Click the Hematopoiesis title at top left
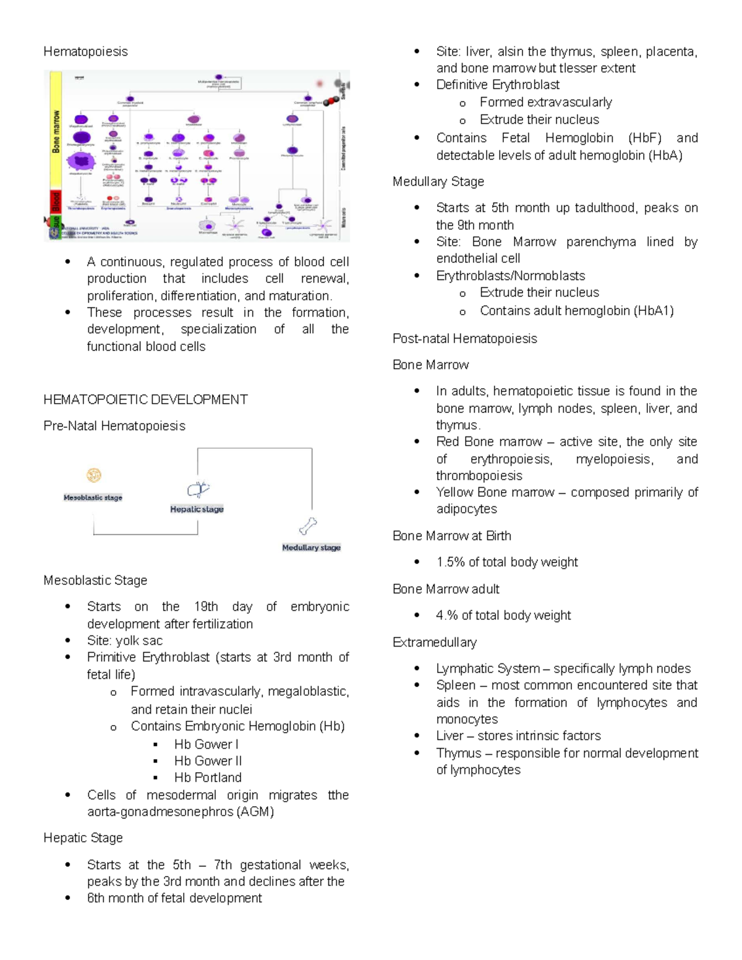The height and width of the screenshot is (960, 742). point(85,51)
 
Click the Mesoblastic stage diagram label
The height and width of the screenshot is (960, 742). point(93,498)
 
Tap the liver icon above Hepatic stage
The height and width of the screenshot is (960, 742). point(198,490)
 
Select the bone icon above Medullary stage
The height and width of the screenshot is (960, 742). point(308,526)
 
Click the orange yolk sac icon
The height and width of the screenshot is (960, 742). point(94,475)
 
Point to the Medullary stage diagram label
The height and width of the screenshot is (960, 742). point(311,548)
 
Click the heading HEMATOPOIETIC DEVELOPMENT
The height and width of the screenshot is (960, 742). point(145,400)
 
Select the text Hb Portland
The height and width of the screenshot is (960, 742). point(208,778)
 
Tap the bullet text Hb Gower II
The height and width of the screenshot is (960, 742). point(208,761)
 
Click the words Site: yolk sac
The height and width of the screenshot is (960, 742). point(125,640)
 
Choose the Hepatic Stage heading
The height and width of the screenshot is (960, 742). point(83,838)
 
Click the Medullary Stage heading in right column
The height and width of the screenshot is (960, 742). point(438,182)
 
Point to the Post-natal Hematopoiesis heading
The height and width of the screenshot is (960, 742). point(464,339)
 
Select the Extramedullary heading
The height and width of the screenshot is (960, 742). point(434,642)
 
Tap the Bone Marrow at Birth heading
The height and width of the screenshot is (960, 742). point(451,536)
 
